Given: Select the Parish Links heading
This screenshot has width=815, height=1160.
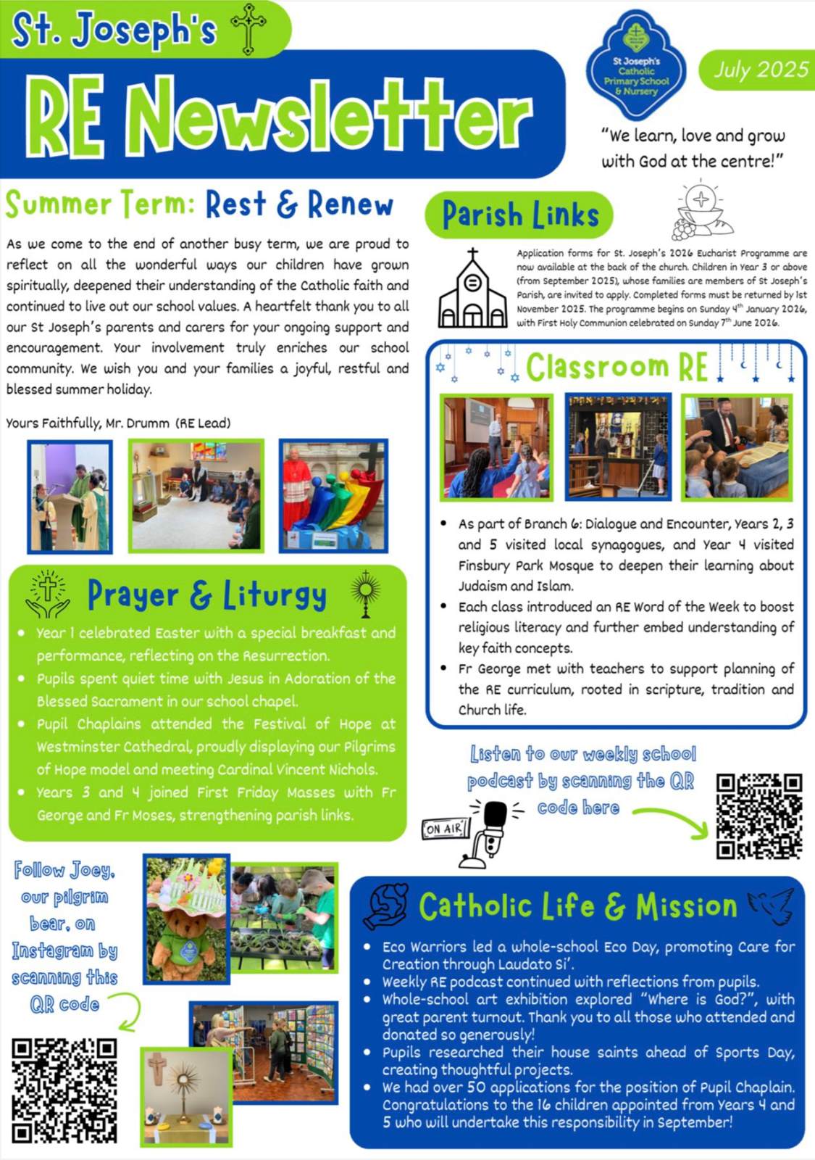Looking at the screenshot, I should pos(519,215).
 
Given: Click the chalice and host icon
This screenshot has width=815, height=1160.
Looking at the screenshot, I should pos(701,210).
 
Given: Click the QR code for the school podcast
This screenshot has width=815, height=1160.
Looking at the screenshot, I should pos(759,816).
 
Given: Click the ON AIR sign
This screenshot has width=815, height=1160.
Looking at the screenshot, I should pos(445,828).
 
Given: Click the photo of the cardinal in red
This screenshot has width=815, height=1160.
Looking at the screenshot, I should pos(333,496).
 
